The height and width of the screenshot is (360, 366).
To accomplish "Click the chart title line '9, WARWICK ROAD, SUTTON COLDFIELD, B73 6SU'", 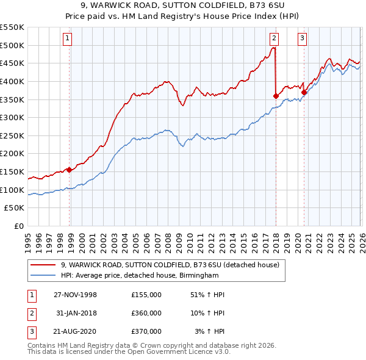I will (x=183, y=5).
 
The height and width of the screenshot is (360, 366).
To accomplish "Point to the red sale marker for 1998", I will (x=70, y=170).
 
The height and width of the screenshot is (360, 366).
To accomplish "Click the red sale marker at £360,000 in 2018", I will (x=276, y=96).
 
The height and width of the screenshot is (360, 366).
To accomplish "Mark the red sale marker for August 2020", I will (x=304, y=92).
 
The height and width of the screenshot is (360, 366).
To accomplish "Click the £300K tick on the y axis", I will (x=12, y=117).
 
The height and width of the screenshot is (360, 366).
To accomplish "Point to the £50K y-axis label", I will (x=15, y=208).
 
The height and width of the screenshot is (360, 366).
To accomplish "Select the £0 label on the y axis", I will (x=18, y=226).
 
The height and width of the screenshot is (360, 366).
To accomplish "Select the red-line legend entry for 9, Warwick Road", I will (x=170, y=265).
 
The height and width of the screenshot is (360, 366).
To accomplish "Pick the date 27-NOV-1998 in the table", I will (x=75, y=295).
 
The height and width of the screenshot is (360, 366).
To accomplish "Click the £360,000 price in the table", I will (x=146, y=313).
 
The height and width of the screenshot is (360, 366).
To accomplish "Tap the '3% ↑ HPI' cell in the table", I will (x=210, y=331).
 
